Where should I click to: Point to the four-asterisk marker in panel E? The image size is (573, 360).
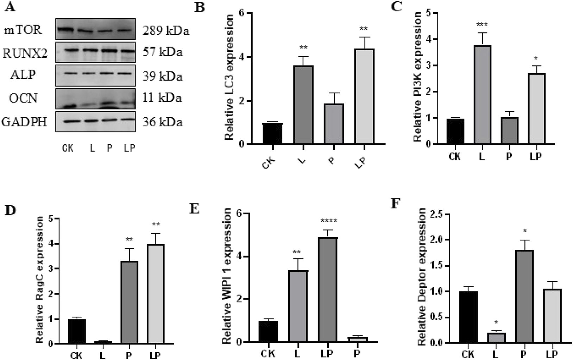coord(329,221)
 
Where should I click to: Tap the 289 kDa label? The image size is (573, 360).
coord(166,31)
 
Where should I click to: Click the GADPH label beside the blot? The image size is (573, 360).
coord(24,122)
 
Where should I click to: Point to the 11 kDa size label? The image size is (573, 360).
coord(162,97)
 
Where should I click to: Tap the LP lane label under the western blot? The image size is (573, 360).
coord(130,148)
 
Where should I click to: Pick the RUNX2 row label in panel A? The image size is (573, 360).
coord(25,53)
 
